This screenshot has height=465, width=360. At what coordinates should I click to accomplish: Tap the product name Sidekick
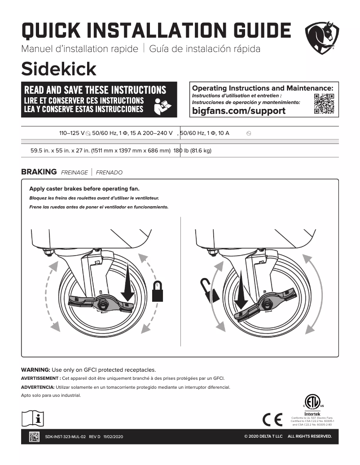coord(59,69)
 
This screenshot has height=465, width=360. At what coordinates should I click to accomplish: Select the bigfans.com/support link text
coord(238,111)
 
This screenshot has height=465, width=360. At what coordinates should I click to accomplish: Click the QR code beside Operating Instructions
coord(324,104)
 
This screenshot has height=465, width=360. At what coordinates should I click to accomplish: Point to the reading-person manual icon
coord(162,106)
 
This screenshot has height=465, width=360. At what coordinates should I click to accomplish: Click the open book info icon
coord(33,418)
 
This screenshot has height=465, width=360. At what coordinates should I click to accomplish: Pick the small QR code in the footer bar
coord(34,436)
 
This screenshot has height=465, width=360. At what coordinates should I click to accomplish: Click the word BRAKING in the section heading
coord(39,172)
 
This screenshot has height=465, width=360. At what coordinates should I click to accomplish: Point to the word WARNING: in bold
coord(36,370)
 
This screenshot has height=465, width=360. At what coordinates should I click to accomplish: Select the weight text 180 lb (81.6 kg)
coord(192,151)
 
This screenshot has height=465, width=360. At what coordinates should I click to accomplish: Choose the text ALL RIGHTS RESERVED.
coord(310,437)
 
